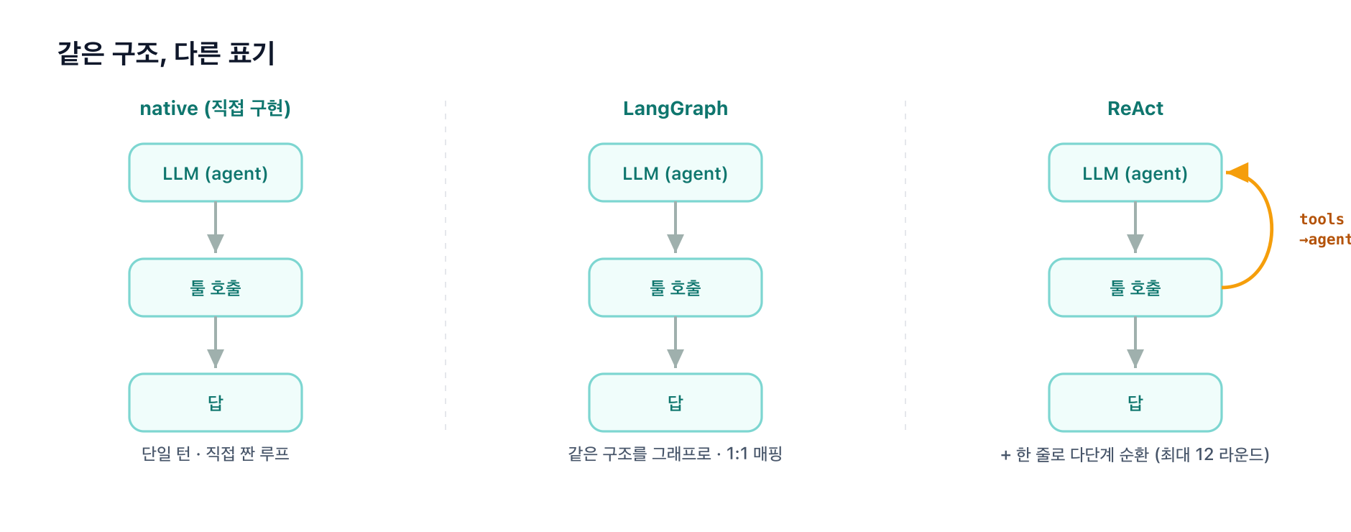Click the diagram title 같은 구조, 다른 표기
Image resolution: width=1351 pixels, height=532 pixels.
(166, 53)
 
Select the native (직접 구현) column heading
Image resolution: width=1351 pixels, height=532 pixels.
(216, 109)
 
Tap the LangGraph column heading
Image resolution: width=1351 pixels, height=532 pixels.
(675, 109)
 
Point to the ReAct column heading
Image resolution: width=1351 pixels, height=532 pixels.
(1135, 109)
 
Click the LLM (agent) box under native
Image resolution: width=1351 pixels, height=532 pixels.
(216, 173)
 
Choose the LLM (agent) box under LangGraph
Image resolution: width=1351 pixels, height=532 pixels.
(675, 173)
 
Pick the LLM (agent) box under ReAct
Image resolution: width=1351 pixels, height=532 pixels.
(1135, 173)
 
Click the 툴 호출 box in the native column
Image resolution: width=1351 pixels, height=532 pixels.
(216, 288)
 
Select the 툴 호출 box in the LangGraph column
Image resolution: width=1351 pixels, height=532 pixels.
(675, 288)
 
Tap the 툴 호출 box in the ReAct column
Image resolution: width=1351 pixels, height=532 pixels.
(1135, 288)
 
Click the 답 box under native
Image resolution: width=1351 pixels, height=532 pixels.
(216, 403)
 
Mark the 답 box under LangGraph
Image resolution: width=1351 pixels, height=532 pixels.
(675, 403)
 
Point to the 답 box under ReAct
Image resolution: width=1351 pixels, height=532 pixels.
(1135, 403)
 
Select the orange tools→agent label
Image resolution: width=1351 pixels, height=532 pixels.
(1325, 229)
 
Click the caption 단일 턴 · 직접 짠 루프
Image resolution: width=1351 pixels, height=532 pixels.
(216, 454)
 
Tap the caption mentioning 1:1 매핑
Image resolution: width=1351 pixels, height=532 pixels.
(675, 454)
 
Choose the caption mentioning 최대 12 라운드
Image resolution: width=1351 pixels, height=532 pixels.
(1135, 454)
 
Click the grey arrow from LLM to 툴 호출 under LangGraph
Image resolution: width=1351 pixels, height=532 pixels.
(675, 227)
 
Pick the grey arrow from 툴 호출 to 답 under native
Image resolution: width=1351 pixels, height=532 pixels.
(216, 342)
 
